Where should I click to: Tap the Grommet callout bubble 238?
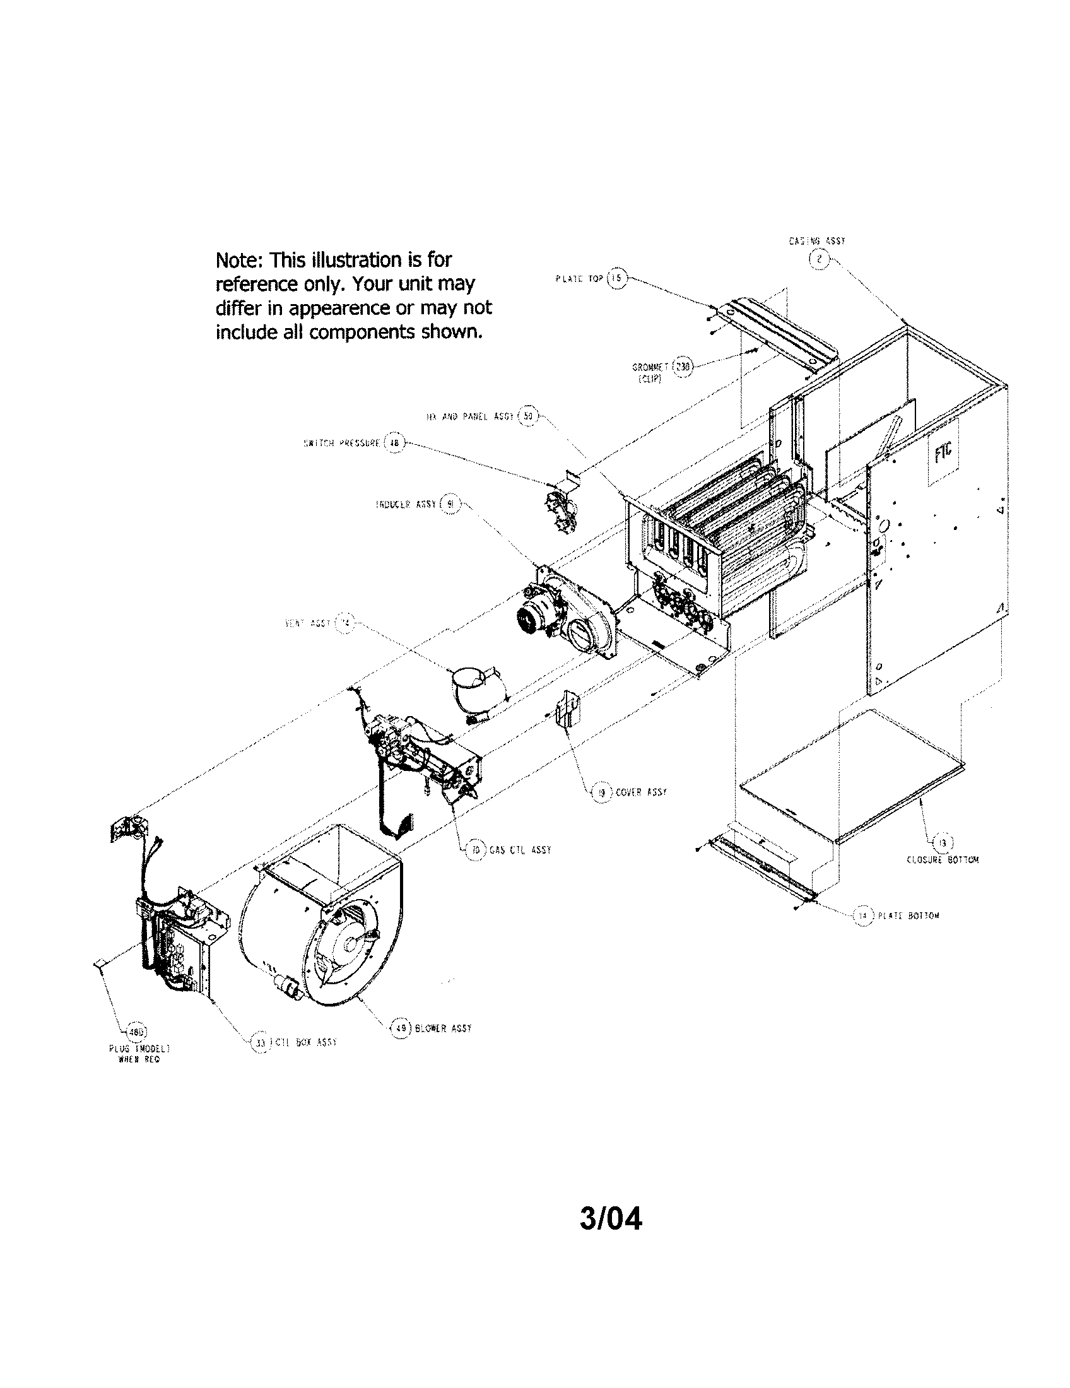pyautogui.click(x=682, y=367)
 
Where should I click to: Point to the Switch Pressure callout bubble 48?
pyautogui.click(x=394, y=443)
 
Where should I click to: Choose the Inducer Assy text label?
pyautogui.click(x=406, y=504)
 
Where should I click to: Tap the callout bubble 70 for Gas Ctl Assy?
pyautogui.click(x=475, y=850)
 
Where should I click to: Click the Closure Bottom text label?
pyautogui.click(x=942, y=860)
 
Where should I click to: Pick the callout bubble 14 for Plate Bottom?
pyautogui.click(x=862, y=916)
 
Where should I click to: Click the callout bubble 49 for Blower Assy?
pyautogui.click(x=400, y=1028)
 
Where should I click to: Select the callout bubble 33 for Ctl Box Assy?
pyautogui.click(x=260, y=1042)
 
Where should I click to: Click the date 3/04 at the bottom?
pyautogui.click(x=610, y=1219)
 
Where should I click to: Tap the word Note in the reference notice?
pyautogui.click(x=238, y=260)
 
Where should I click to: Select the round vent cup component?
pyautogui.click(x=471, y=687)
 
